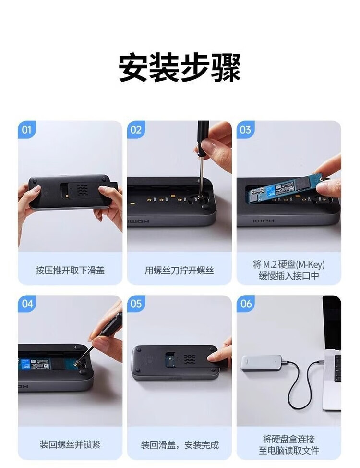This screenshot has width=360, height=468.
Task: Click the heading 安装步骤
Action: pos(180,67)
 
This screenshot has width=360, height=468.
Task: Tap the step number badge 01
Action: pos(26,130)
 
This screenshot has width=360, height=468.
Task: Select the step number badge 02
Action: pos(136,130)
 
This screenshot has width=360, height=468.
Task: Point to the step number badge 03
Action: pos(245,130)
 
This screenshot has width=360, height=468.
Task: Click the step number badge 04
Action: pos(26,304)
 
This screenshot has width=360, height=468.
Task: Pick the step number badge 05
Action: pos(136,304)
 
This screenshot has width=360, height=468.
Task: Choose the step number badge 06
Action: pos(245,304)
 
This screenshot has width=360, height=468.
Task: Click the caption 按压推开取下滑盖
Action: pos(70,271)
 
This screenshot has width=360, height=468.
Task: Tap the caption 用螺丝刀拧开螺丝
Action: pos(179,271)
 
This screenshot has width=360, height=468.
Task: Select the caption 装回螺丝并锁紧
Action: pos(70,445)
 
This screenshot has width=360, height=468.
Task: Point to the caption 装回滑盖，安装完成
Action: pos(180,445)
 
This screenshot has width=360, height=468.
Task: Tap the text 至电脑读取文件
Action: pos(288,450)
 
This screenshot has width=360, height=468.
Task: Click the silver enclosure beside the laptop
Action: pos(262,363)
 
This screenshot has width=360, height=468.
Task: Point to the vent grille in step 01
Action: pos(82,190)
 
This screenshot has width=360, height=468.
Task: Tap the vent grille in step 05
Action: pos(189,359)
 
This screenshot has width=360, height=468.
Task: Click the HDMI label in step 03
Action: pos(264,221)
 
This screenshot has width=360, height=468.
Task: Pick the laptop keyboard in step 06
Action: pos(337,368)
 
